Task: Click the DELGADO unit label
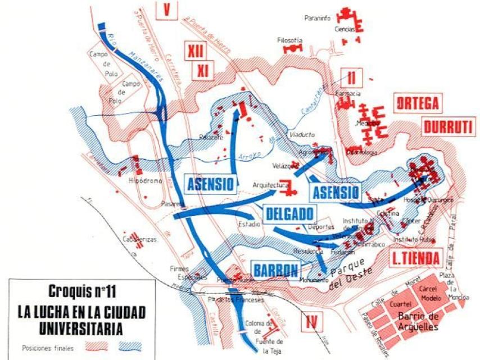point(289,214)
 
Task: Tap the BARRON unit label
point(275,271)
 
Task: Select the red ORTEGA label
point(416,104)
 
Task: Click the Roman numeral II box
point(353,76)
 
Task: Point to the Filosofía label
point(290,40)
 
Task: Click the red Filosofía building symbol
point(292,49)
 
